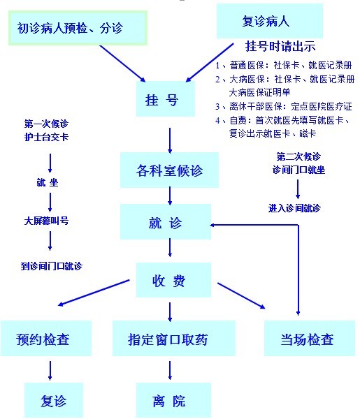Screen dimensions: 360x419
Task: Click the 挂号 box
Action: (166, 99)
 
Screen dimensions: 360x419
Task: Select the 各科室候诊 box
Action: (169, 170)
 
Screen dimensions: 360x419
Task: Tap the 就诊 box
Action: (166, 222)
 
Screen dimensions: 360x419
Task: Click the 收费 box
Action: (173, 280)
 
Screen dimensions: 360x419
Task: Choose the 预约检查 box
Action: (46, 338)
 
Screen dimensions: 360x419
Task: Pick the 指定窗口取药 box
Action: (174, 338)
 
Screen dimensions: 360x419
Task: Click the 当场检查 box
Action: (310, 338)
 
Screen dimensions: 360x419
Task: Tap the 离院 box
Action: (173, 400)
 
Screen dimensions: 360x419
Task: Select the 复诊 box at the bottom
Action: (54, 400)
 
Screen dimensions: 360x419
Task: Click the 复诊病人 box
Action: (270, 21)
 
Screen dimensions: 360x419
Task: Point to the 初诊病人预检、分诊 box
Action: (78, 28)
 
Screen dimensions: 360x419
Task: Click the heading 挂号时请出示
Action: (280, 46)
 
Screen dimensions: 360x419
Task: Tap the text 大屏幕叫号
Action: (46, 221)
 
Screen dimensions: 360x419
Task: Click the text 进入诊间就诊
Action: (294, 208)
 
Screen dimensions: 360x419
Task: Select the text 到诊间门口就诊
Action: (51, 266)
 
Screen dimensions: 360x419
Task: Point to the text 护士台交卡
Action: (46, 137)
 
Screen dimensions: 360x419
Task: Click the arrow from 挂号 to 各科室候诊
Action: (170, 140)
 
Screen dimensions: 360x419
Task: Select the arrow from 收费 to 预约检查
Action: (94, 293)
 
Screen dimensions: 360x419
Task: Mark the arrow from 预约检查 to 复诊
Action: (50, 371)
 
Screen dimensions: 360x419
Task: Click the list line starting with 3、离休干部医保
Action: (284, 107)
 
